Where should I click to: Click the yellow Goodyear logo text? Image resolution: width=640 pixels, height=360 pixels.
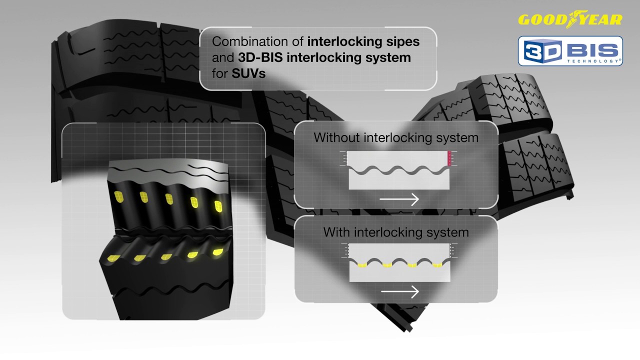pyautogui.click(x=570, y=20)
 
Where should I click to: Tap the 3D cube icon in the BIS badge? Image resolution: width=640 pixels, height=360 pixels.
pyautogui.click(x=539, y=51)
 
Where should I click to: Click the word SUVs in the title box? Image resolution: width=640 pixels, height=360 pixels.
pyautogui.click(x=248, y=73)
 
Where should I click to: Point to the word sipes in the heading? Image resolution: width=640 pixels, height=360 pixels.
pyautogui.click(x=402, y=41)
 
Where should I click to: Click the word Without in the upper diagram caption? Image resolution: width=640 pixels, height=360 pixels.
pyautogui.click(x=337, y=137)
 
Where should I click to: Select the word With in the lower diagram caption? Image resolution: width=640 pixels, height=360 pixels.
pyautogui.click(x=337, y=232)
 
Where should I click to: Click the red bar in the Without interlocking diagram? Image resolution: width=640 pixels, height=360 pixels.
pyautogui.click(x=449, y=158)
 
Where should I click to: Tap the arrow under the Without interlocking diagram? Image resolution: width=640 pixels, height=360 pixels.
pyautogui.click(x=398, y=199)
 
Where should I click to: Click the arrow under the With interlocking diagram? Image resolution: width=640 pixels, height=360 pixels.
pyautogui.click(x=399, y=291)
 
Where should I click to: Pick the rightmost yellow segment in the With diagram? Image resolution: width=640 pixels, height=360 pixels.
pyautogui.click(x=437, y=265)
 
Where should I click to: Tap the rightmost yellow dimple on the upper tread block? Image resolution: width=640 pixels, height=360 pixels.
pyautogui.click(x=218, y=205)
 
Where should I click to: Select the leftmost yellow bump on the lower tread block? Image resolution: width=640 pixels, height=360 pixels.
pyautogui.click(x=115, y=258)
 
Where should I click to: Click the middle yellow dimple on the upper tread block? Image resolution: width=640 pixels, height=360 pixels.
pyautogui.click(x=169, y=199)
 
